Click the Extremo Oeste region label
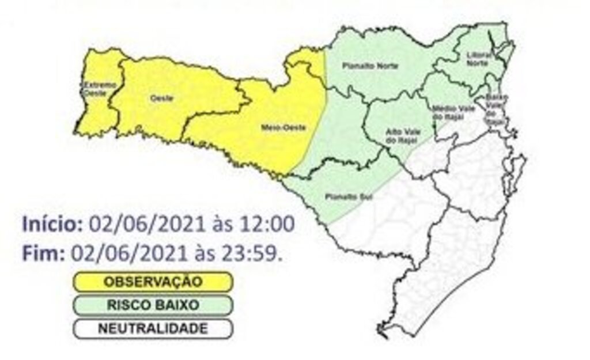[x=92, y=88]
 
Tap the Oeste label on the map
[x=158, y=98]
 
